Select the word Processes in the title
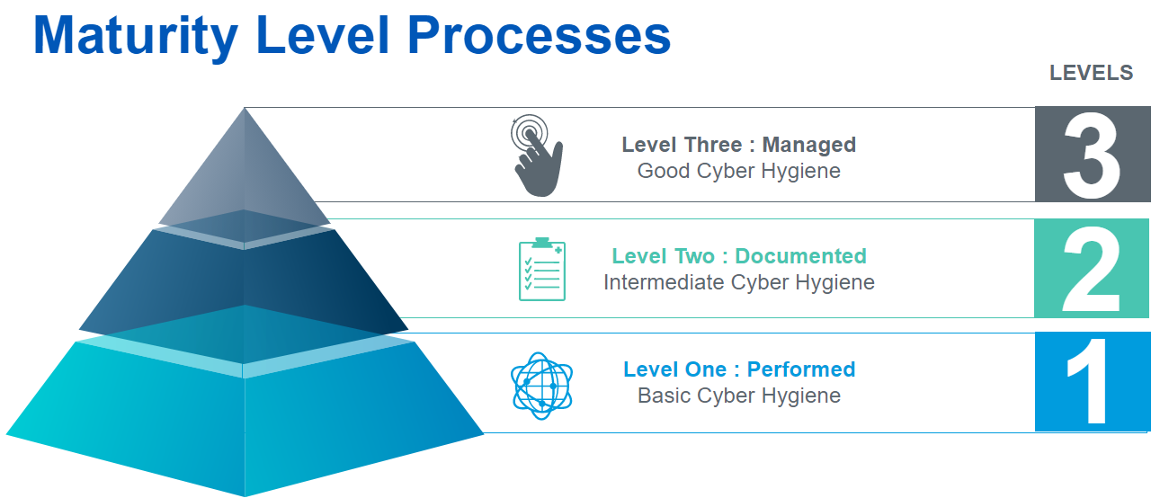click(540, 35)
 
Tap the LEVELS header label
click(1091, 73)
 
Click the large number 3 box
click(1093, 155)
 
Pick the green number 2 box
click(1092, 268)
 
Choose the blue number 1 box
click(1093, 381)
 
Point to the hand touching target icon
click(537, 156)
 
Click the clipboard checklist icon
click(542, 269)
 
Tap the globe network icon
click(541, 387)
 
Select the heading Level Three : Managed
click(739, 145)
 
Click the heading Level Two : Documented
click(739, 256)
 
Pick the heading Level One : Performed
click(739, 369)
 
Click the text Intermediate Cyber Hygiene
click(739, 282)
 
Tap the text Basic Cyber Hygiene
click(739, 396)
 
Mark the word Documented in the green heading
click(800, 256)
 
